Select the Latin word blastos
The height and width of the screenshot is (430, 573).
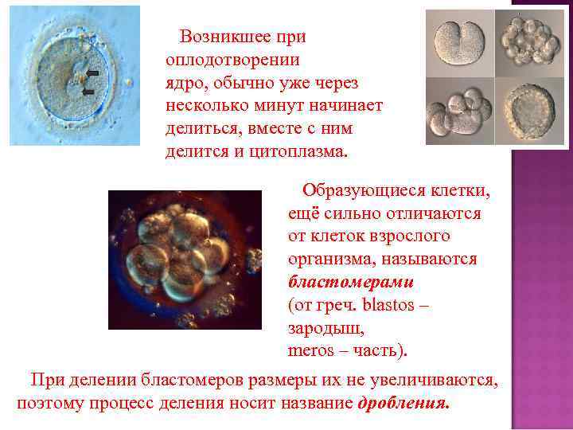392,305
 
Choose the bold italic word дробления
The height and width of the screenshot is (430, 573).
403,403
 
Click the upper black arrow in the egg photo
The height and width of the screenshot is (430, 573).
92,72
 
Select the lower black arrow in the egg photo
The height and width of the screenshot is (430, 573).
88,92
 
